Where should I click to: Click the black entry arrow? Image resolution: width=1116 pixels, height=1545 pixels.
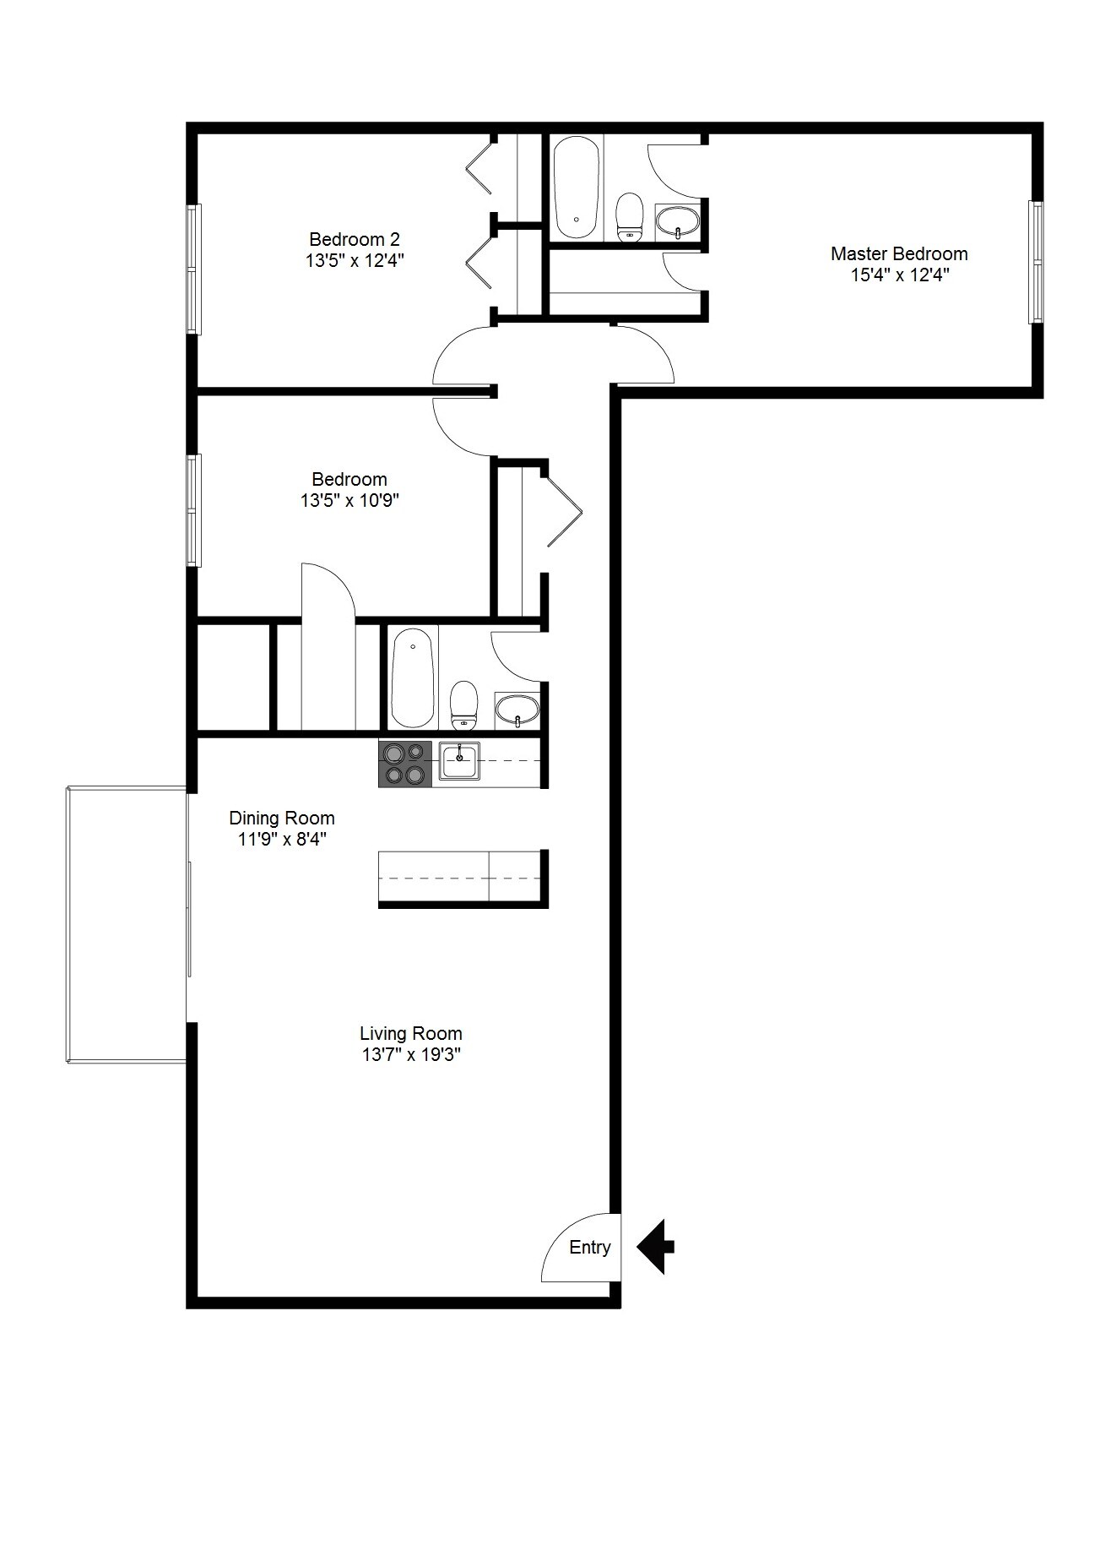coord(655,1246)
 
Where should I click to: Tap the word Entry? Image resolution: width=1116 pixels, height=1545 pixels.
coord(589,1247)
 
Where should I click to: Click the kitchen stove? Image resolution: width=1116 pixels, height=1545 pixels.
coord(404,764)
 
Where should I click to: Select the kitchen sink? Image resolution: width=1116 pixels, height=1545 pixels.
coord(459,760)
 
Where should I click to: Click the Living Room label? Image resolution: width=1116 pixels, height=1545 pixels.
coord(410,1033)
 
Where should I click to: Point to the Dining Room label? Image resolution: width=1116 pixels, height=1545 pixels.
coord(282,818)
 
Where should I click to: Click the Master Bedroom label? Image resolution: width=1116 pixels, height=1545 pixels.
coord(899,253)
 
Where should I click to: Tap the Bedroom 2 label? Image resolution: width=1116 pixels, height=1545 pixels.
coord(355,239)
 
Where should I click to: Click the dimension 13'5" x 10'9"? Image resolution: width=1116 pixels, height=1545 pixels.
coord(349,500)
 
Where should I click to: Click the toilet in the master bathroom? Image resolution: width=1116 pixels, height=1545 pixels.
coord(630,218)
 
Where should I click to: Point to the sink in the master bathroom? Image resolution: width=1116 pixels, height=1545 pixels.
coord(678,223)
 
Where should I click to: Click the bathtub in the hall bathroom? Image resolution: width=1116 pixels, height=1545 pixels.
coord(414,677)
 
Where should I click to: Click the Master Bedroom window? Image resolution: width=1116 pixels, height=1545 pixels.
coord(1036,262)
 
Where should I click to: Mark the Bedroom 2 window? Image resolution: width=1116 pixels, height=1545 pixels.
coord(194,269)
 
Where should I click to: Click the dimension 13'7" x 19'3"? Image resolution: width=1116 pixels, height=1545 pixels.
coord(410,1054)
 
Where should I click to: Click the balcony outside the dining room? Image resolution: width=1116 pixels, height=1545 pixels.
coord(127,924)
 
